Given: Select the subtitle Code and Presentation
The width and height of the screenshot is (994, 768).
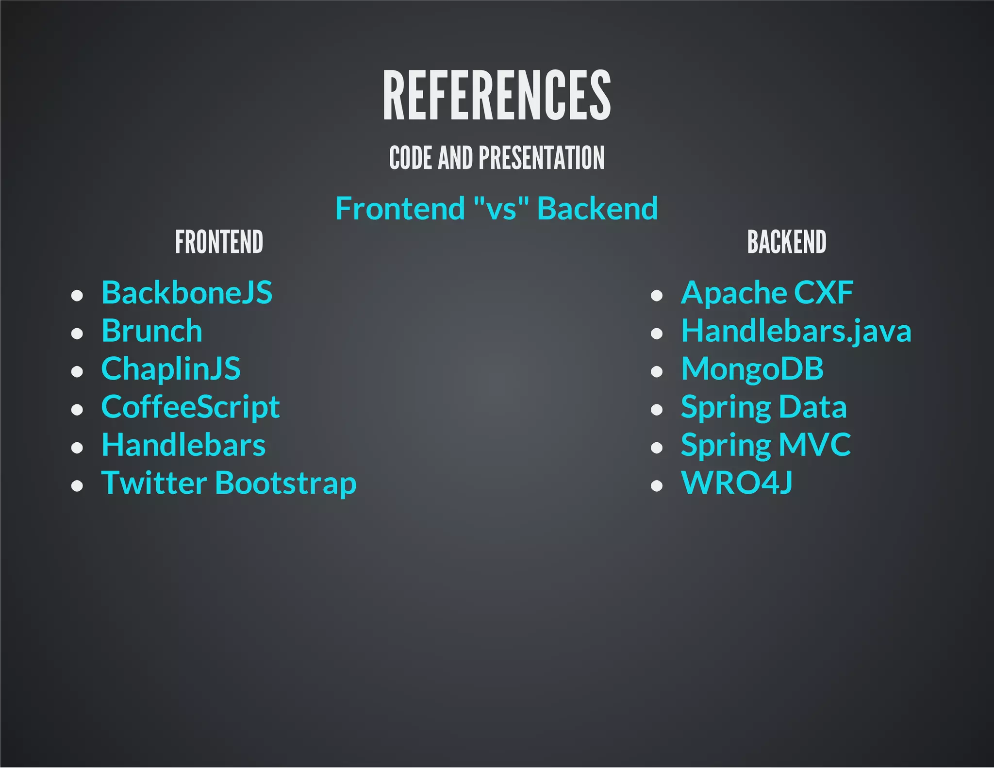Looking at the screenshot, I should pos(497,158).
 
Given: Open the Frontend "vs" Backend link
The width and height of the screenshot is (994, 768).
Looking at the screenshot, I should pos(497,208).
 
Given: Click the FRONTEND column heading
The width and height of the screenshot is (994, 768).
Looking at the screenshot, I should pos(219,242).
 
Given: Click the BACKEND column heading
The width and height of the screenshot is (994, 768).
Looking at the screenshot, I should pos(786,242).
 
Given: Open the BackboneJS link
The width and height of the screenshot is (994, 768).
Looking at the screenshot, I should pos(187,293).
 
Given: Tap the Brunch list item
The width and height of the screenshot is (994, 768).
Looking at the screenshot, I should pos(152,331).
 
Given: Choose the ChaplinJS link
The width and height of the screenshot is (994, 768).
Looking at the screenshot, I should pos(171,369).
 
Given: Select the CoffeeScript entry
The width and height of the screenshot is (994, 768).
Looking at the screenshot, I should pos(190,407).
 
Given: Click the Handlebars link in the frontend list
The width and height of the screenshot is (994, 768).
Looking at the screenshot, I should pos(183,445).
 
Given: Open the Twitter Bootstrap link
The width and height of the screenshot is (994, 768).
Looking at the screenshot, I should pos(229,483).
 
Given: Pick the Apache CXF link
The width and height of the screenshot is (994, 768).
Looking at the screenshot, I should pos(767,293).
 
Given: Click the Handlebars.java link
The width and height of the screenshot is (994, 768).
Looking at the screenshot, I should pos(796,331).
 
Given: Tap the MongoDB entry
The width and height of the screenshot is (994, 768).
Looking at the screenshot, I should pos(752,369).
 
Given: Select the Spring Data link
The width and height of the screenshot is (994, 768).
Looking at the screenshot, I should pos(763,407).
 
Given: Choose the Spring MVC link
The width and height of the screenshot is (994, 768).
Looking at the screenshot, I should pos(765,445).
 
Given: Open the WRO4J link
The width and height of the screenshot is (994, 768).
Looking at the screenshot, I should pos(737,483).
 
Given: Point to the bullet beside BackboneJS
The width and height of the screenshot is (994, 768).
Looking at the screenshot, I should pos(77,295).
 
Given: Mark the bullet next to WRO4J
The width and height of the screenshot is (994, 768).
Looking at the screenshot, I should pos(656,485).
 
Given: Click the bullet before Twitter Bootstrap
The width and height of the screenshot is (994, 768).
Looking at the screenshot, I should pos(77,485).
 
